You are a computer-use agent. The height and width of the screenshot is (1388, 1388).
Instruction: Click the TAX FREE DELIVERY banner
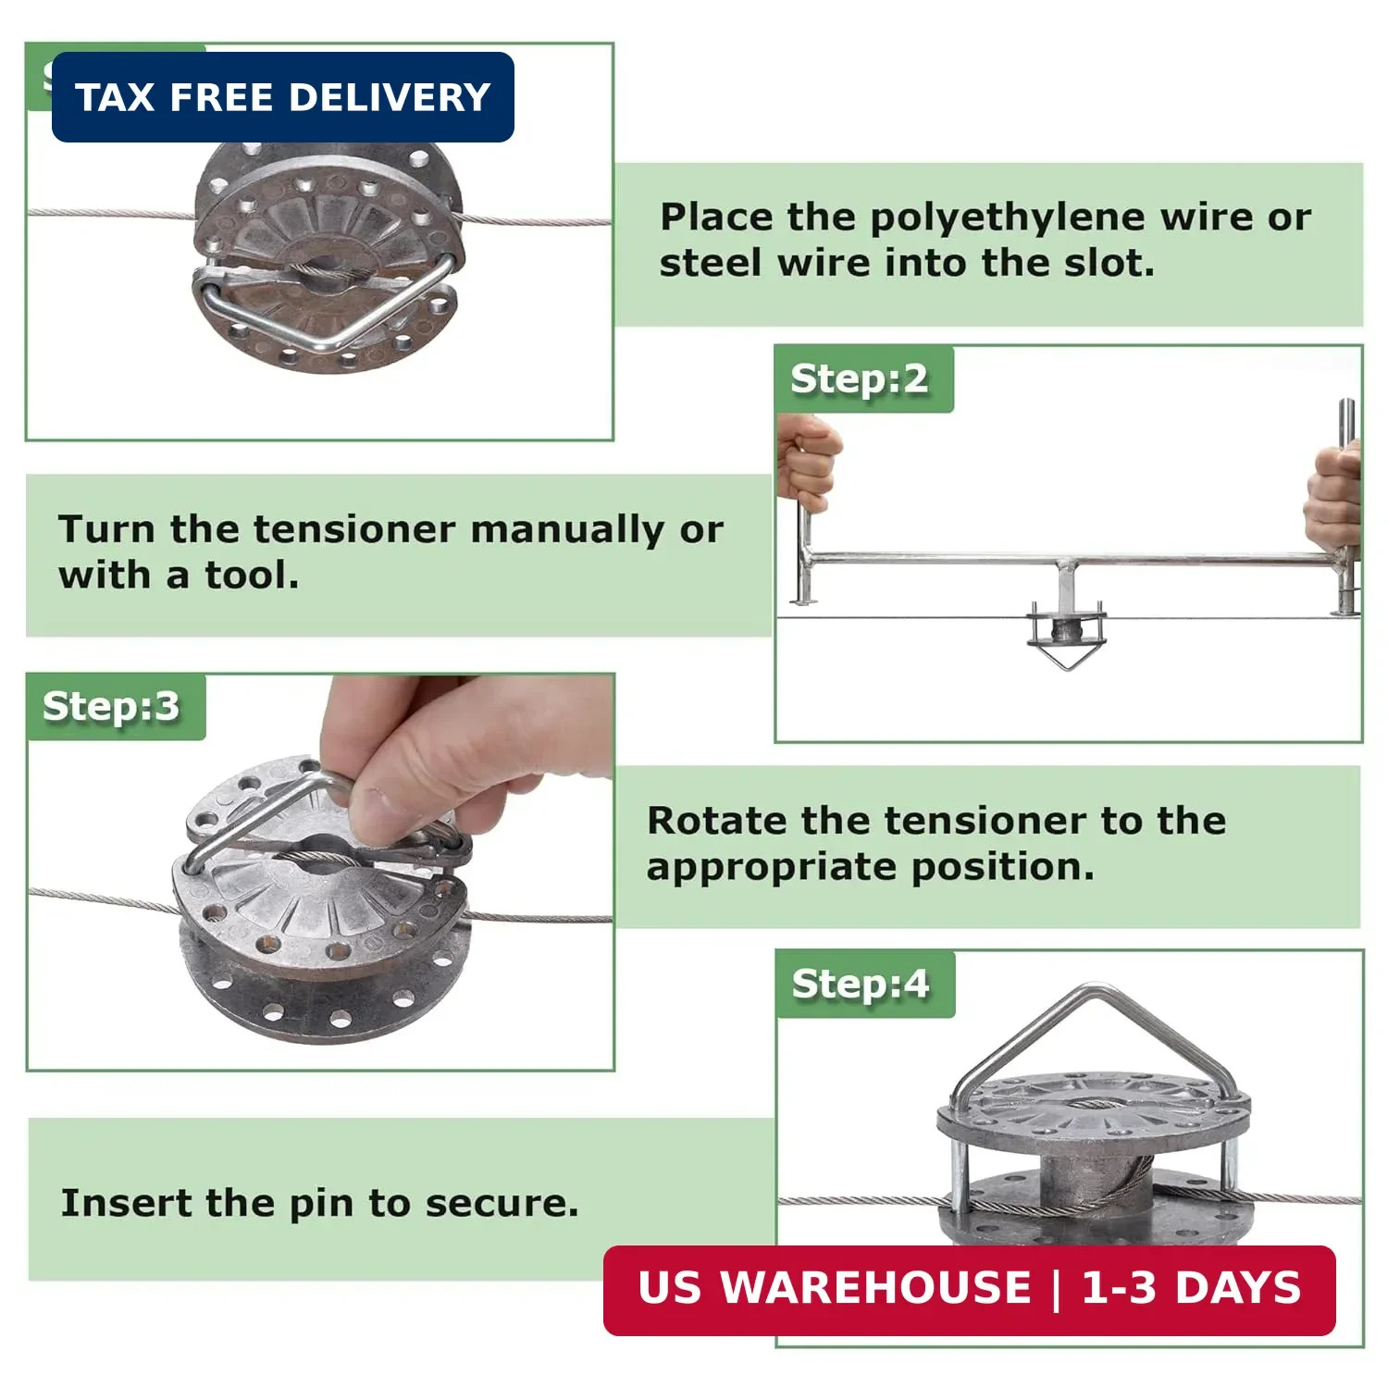282,97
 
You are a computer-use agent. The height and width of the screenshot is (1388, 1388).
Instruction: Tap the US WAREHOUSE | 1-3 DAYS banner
969,1290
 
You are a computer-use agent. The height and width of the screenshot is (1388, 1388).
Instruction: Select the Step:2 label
860,379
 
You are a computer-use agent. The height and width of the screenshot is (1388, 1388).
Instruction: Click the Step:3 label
112,707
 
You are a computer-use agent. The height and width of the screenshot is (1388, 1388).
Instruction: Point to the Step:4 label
861,984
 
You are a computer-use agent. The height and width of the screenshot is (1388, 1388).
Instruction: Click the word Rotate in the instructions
717,821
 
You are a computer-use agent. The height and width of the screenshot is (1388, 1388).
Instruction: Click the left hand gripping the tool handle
809,463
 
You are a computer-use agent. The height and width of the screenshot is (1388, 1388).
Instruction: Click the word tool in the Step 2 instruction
252,576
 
